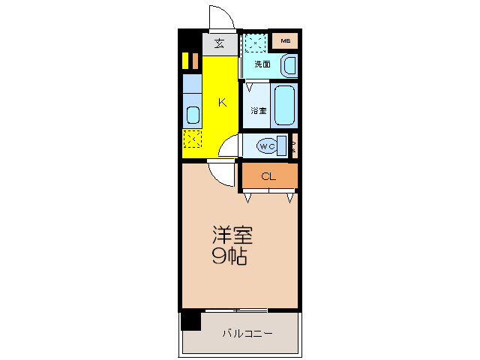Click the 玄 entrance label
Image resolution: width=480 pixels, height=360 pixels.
tap(219, 43)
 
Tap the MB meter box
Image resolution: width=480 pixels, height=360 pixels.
tap(285, 40)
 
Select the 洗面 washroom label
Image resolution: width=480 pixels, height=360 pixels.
tap(262, 64)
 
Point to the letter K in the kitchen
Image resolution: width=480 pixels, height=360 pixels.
tap(222, 103)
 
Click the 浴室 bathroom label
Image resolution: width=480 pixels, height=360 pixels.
tap(258, 111)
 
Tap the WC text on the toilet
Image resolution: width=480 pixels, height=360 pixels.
tap(266, 146)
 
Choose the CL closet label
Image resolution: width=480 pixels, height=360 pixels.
tap(268, 177)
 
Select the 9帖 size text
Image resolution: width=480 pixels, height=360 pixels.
tap(229, 257)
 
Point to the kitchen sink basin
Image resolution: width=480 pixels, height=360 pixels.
tap(192, 115)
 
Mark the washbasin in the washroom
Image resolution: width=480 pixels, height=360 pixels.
tap(288, 66)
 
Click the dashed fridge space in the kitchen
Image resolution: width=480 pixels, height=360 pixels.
tap(192, 139)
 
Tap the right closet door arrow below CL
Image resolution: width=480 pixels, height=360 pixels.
tap(289, 198)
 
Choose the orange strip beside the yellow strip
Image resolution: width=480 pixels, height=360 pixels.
tap(193, 60)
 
